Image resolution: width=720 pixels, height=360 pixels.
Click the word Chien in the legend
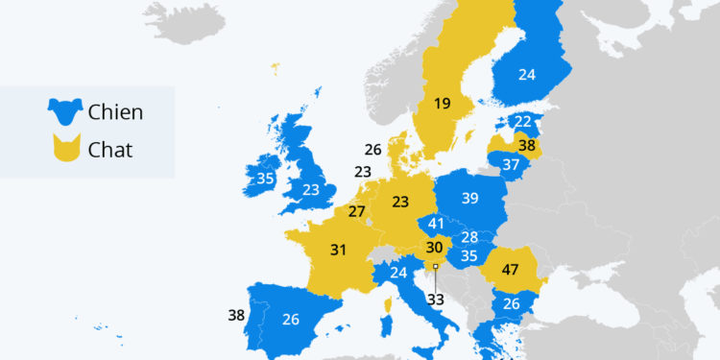coord(115,112)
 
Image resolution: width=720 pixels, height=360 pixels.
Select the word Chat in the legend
coord(109,149)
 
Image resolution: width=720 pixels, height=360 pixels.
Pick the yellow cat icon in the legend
coord(64,149)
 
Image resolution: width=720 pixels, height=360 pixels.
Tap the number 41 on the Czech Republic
coord(436,224)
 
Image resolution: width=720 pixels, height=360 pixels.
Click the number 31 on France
coord(337,250)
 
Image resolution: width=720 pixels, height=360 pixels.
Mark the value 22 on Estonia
coord(521,122)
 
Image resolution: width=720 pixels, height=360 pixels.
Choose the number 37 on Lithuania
coord(510,164)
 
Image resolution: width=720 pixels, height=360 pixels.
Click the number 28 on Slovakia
coord(469,237)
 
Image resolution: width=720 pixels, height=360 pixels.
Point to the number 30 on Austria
coord(434,248)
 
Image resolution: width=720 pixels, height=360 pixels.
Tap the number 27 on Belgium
coord(356,211)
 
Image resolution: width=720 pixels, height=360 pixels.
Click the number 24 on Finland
coord(526,73)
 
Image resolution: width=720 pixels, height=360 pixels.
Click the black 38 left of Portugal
coord(237,313)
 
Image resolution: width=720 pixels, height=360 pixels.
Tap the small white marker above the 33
coord(435,266)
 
